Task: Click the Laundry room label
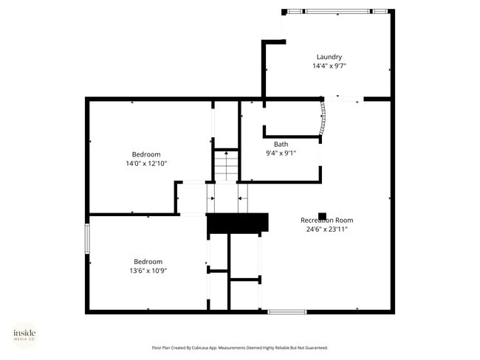coord(329,57)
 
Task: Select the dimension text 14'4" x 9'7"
coord(329,66)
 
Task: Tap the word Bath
coord(281,144)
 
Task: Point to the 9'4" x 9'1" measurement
coord(281,153)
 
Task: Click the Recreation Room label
coord(326,220)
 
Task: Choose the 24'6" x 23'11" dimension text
coord(326,229)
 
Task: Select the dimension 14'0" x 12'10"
coord(146,163)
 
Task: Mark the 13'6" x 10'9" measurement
coord(148,270)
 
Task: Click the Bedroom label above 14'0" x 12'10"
coord(146,154)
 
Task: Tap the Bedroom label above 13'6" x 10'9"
coord(148,261)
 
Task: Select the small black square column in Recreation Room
coord(322,216)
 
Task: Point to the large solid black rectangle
coord(238,222)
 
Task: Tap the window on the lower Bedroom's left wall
coord(88,238)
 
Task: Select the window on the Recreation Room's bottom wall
coord(287,311)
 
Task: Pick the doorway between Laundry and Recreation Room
coord(343,99)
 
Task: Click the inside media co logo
coord(24,335)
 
